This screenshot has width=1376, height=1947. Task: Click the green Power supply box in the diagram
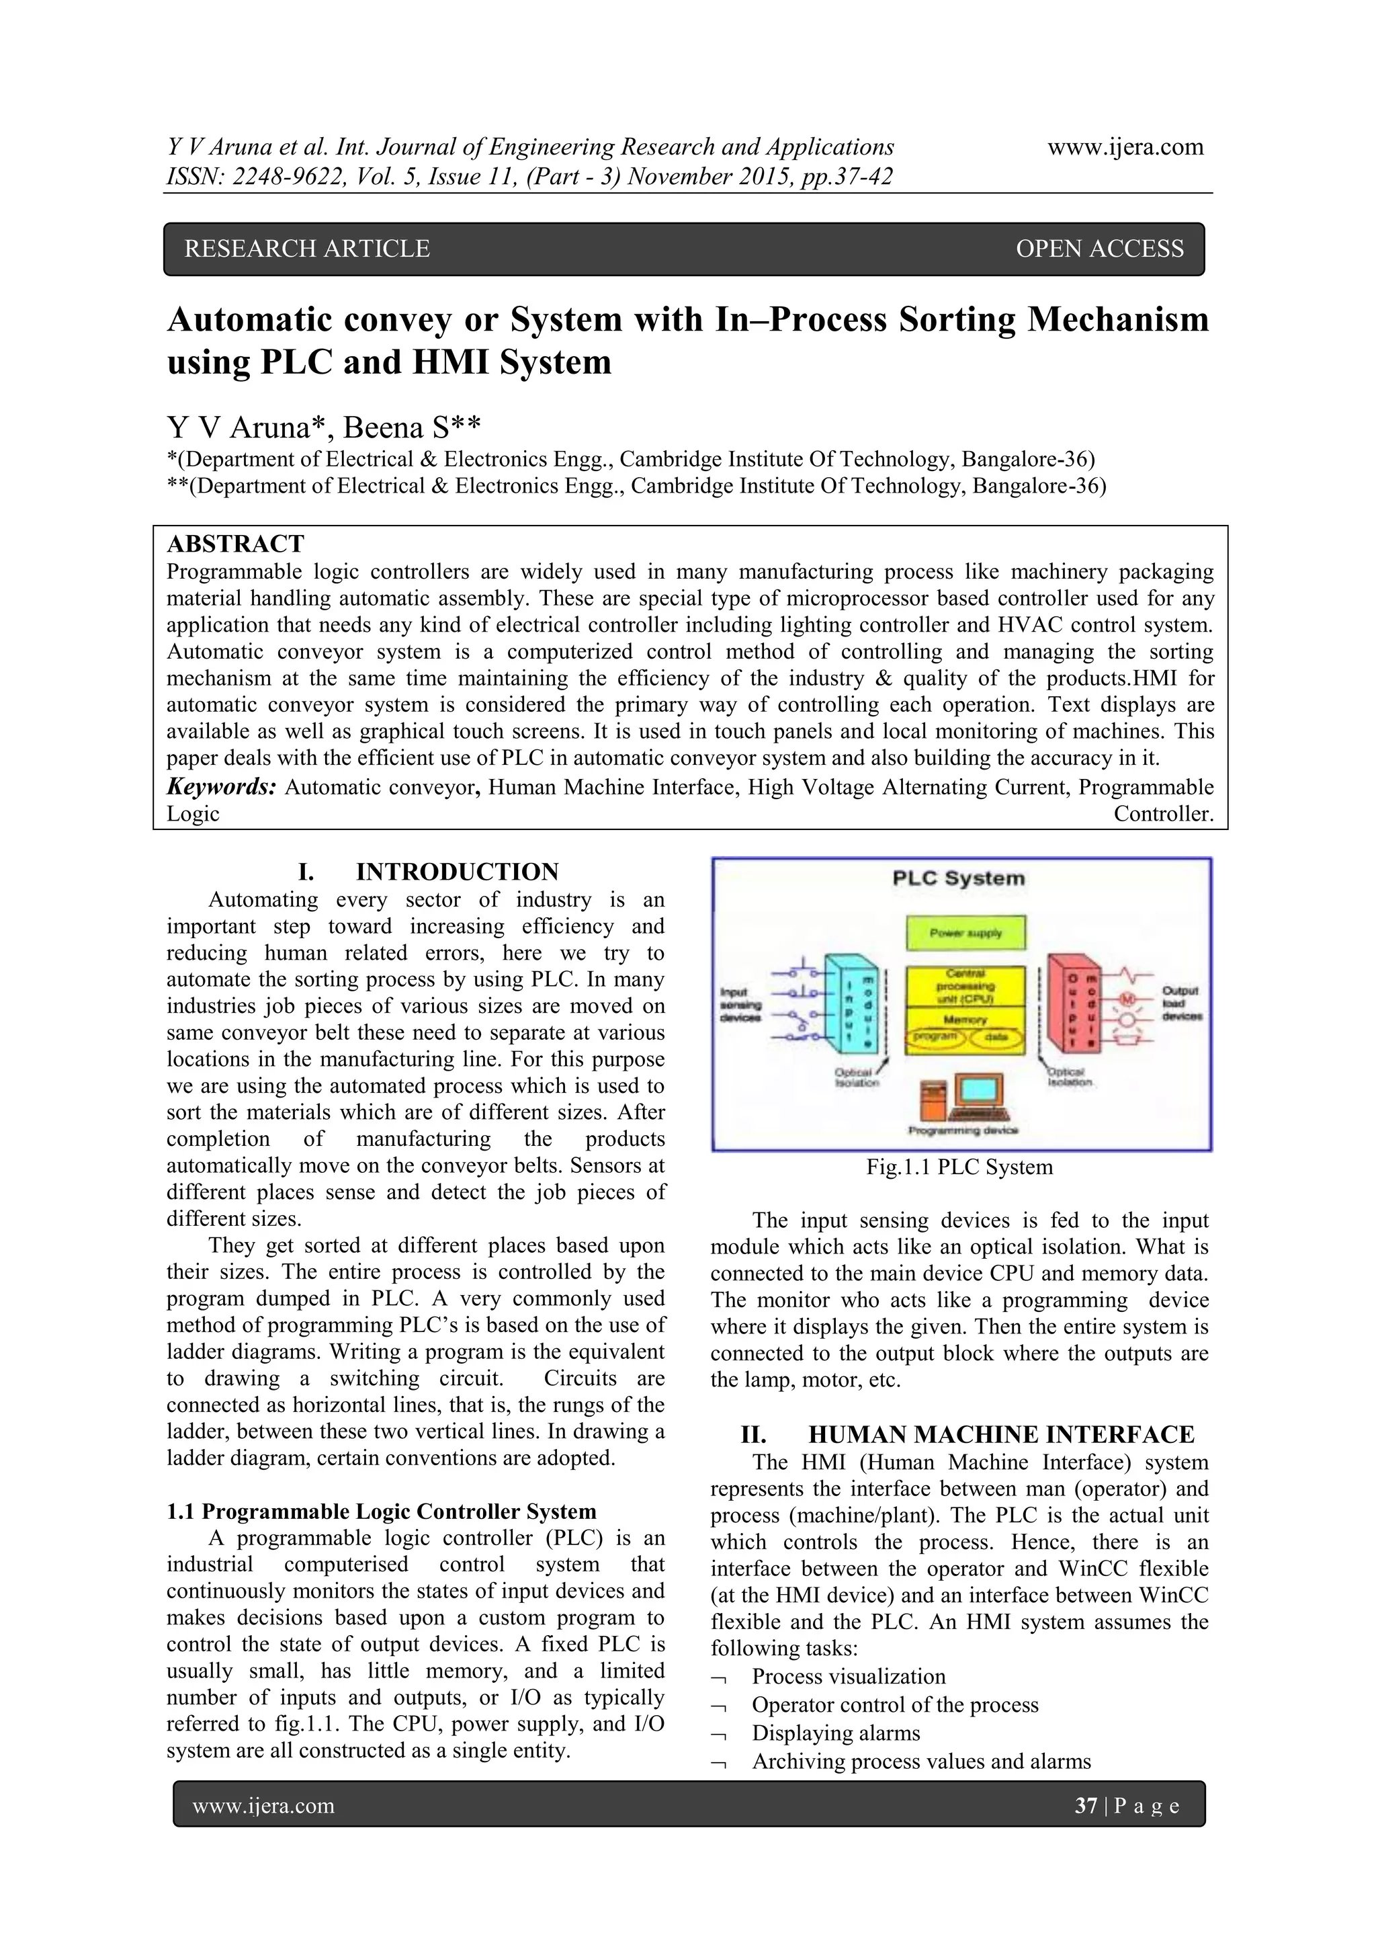coord(965,933)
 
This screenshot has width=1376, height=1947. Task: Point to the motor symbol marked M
coord(1127,998)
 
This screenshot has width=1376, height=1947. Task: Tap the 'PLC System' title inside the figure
coord(958,878)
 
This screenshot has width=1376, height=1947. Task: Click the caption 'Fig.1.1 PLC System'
coord(959,1167)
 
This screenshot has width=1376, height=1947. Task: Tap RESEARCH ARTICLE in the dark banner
coord(307,249)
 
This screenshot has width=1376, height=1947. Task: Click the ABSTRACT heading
coord(235,544)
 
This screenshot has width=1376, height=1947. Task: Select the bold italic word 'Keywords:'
coord(221,787)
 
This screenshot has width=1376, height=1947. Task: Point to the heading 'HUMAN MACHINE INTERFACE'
coord(1000,1435)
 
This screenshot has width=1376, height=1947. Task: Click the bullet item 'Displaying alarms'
coord(835,1733)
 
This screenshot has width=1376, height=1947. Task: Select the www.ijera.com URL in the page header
coord(1125,147)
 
